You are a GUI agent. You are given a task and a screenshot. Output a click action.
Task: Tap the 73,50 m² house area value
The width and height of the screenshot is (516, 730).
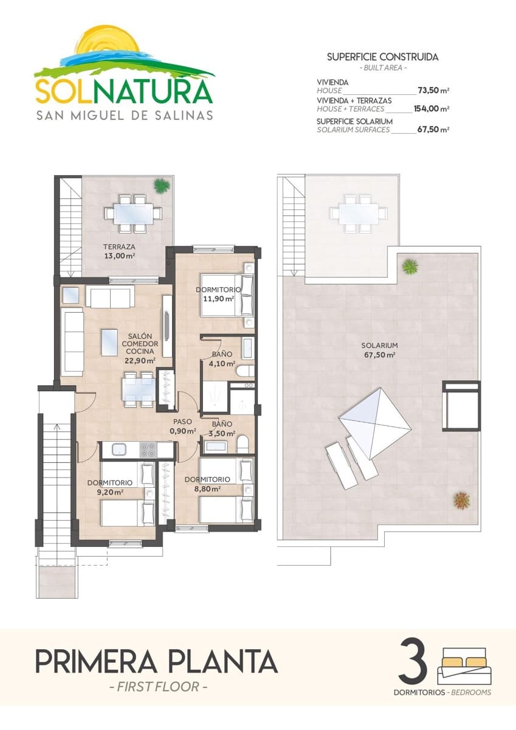click(x=433, y=91)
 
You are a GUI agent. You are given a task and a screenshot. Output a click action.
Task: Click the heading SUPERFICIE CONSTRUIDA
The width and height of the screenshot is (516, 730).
click(x=382, y=57)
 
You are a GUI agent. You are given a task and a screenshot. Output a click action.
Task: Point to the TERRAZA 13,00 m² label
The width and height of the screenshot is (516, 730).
click(x=119, y=251)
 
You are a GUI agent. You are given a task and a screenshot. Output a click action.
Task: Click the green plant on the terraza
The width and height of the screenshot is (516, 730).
click(x=162, y=186)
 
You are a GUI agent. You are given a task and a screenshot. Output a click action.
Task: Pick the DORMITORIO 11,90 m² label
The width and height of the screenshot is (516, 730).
click(x=219, y=294)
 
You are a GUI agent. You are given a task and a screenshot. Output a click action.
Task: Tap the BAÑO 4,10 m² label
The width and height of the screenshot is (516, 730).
click(x=221, y=360)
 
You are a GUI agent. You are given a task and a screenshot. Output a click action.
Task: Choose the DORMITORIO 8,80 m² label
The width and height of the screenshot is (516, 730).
click(x=207, y=483)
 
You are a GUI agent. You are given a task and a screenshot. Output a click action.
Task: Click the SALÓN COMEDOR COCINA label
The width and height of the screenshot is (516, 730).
click(x=142, y=348)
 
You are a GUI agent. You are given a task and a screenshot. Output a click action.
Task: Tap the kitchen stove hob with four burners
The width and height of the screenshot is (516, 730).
click(x=148, y=450)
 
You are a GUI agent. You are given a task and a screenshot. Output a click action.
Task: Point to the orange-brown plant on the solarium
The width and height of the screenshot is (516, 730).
click(x=461, y=500)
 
